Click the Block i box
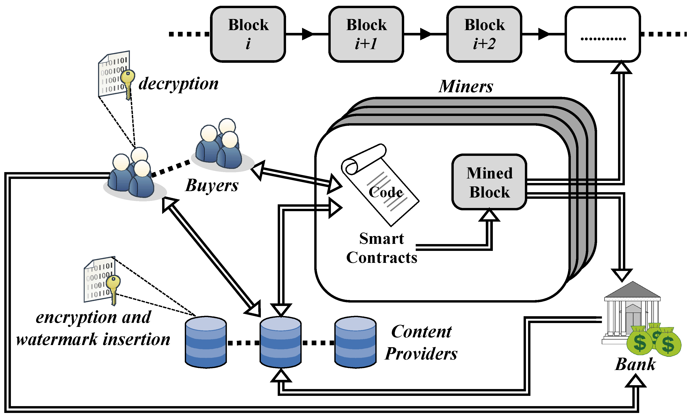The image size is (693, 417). (248, 34)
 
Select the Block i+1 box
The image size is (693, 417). (366, 34)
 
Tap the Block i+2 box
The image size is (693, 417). (484, 34)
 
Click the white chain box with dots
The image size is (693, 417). (602, 34)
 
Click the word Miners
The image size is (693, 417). (466, 86)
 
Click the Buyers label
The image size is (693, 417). (211, 186)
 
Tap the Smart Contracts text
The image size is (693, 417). (382, 248)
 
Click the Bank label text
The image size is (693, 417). (635, 364)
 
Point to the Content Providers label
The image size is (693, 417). (421, 342)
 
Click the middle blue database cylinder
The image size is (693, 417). (280, 342)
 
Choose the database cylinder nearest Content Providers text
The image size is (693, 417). (355, 342)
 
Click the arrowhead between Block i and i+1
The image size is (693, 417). (308, 34)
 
